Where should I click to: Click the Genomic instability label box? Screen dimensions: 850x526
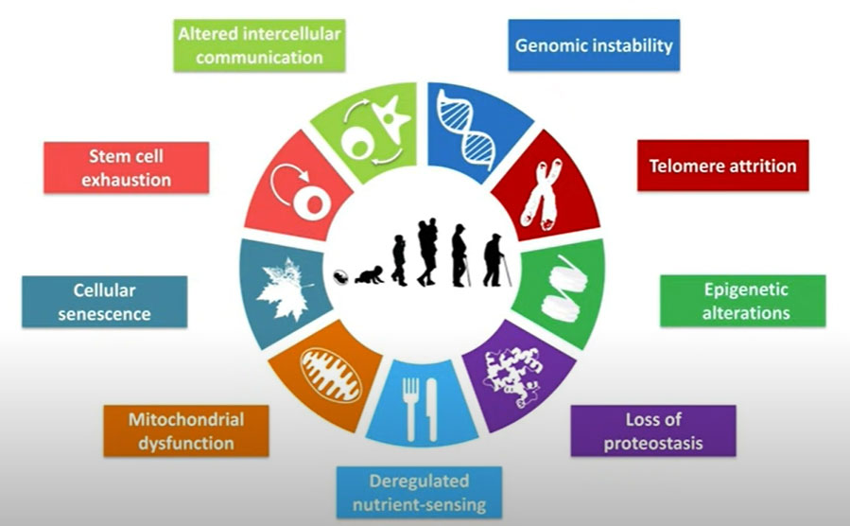pos(594,45)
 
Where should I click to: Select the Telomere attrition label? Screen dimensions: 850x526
pos(722,166)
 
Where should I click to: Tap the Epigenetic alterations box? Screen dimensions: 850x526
pos(742,301)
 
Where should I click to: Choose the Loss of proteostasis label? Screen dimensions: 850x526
pos(653,430)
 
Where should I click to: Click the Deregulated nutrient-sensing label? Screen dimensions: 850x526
pos(419,492)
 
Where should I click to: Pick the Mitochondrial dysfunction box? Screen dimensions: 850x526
pos(186,430)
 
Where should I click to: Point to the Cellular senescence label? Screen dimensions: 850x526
pos(105,302)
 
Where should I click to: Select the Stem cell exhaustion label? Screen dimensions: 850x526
pos(127,167)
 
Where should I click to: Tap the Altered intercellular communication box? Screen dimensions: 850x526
pos(259,45)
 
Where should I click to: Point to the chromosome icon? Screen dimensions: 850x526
pos(543,194)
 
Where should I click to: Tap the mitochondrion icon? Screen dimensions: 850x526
pos(331,375)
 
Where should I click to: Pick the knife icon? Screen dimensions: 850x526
pos(431,409)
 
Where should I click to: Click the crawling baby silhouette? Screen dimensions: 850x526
pos(369,274)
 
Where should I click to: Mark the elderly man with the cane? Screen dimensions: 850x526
pos(496,260)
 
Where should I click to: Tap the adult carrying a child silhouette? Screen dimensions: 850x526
pos(427,253)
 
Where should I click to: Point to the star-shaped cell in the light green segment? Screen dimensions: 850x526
pos(390,117)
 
